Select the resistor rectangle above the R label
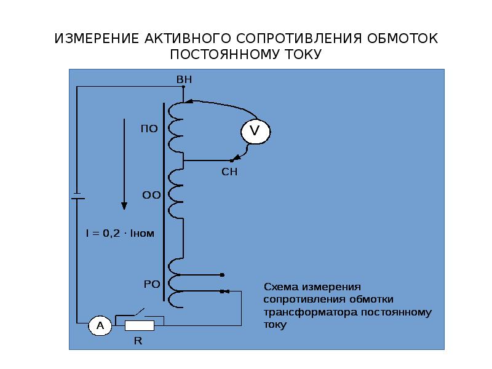(x=140, y=326)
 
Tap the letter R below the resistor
(x=138, y=341)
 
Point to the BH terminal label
(x=184, y=80)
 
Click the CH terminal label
(x=229, y=172)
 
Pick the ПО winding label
(x=149, y=129)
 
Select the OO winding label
(x=151, y=195)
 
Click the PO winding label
(x=152, y=284)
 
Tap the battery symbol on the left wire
(x=77, y=196)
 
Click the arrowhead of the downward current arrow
(x=124, y=206)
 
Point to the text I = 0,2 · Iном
(x=120, y=233)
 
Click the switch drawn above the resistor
(x=140, y=313)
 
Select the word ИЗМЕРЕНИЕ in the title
(x=97, y=39)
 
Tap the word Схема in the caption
(x=281, y=287)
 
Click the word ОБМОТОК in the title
(x=402, y=39)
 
